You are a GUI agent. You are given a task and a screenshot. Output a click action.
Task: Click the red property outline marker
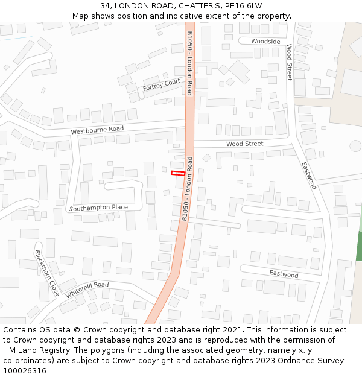178,173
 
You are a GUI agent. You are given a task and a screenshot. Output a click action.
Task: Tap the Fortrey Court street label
161,85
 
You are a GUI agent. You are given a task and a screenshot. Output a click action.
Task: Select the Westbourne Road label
97,130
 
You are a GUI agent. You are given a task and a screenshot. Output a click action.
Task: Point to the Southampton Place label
98,208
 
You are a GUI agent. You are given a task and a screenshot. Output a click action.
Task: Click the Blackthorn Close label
46,273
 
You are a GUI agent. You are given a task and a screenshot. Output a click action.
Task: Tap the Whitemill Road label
87,289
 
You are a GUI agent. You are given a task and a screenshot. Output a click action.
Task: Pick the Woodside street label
266,42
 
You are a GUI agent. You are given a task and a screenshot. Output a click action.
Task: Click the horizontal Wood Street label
244,144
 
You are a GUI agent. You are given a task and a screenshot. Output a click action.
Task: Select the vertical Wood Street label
289,62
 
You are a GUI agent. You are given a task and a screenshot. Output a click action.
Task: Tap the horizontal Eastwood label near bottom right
284,275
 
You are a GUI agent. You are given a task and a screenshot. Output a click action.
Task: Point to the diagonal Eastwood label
308,176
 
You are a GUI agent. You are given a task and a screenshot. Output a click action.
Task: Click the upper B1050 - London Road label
189,63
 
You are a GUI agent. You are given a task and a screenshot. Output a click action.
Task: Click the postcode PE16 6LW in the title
241,5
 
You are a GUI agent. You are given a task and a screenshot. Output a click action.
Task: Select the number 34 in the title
106,5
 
